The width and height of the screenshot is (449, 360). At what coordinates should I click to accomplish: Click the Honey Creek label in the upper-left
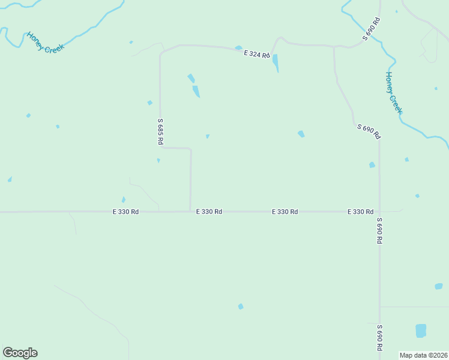44,42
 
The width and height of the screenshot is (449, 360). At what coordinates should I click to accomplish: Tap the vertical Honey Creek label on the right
393,93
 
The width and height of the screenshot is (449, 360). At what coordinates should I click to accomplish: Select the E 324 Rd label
257,54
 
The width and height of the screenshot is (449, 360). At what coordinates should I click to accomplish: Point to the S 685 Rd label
160,131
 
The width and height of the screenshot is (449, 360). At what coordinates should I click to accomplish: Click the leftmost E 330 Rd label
126,212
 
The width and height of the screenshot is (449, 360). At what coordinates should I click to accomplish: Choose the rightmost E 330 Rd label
360,212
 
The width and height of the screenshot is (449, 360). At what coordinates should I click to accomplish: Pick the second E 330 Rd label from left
209,212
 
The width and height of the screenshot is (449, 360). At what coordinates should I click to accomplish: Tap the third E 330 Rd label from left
285,212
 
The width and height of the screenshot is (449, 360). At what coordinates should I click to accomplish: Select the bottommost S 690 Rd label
379,338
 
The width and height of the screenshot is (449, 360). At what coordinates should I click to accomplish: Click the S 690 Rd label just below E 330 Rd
379,230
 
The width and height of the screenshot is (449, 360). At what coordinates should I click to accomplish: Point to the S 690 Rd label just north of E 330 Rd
368,131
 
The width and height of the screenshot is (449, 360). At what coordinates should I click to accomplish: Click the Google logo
20,353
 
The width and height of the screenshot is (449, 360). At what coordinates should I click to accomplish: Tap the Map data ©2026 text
423,355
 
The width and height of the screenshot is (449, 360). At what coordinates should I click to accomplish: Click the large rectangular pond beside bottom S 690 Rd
421,331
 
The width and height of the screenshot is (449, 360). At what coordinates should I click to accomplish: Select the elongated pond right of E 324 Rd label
276,62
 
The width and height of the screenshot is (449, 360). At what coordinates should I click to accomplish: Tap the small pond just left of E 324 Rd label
238,48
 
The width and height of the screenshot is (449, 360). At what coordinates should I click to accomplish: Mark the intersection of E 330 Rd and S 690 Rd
379,212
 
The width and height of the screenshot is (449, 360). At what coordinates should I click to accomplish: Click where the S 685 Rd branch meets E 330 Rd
191,211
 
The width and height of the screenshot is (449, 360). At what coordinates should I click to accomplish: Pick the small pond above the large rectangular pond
438,286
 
